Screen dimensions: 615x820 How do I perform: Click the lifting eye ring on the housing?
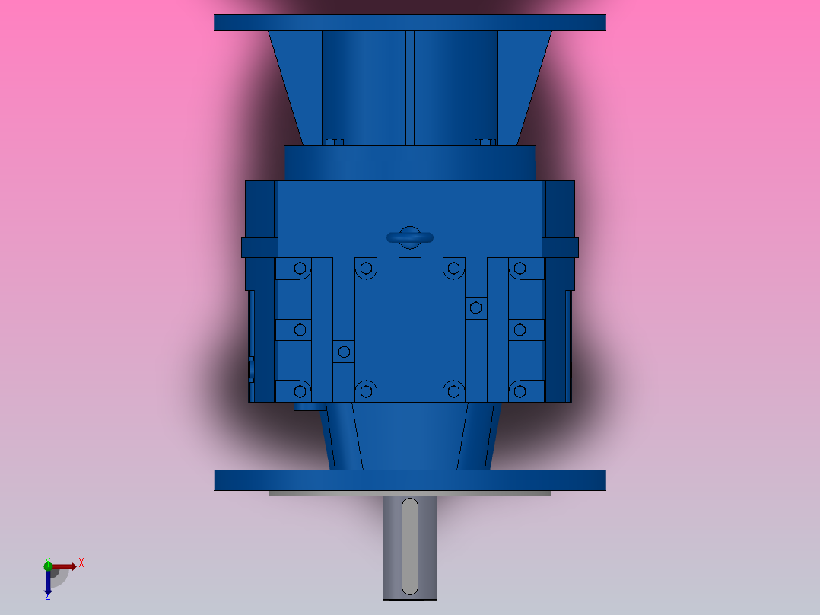click(x=409, y=237)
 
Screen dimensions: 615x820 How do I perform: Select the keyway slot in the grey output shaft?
click(x=409, y=546)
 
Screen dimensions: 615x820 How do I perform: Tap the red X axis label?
click(x=81, y=563)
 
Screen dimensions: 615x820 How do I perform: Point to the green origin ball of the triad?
click(x=48, y=565)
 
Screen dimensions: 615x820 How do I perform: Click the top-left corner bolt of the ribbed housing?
click(x=300, y=268)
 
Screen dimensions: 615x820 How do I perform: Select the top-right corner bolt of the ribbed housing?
click(x=520, y=268)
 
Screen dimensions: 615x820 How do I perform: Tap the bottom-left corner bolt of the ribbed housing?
click(x=300, y=391)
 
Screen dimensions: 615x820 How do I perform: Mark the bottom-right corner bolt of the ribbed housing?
click(x=520, y=391)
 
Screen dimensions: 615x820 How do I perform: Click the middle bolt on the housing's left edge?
click(x=300, y=330)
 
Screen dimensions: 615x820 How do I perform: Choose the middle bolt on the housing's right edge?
click(x=520, y=330)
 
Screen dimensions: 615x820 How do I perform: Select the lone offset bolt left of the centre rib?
click(x=344, y=351)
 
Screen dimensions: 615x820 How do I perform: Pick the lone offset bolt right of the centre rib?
click(x=476, y=307)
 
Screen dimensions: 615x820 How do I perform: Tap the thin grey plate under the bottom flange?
click(x=409, y=493)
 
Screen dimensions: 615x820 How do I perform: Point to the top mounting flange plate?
click(x=409, y=23)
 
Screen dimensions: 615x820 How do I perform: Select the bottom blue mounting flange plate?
click(x=409, y=480)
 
